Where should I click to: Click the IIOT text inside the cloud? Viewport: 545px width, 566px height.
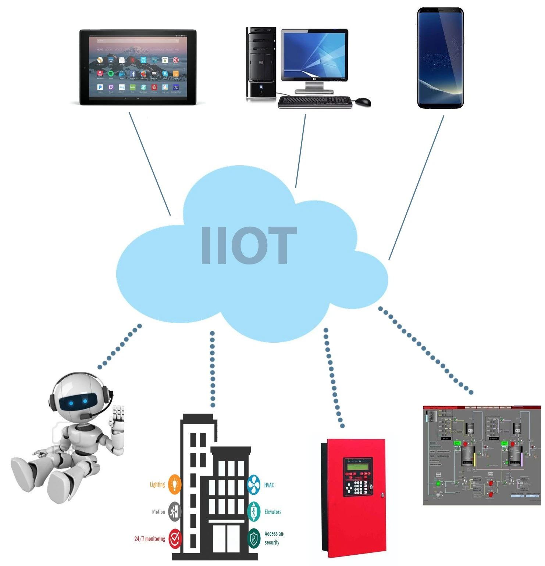(x=249, y=245)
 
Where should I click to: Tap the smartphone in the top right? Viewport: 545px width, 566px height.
(x=440, y=58)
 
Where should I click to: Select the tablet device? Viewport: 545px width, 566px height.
(x=138, y=67)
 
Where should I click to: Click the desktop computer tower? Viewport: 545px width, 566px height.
(x=261, y=63)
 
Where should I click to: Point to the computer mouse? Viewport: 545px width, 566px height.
(x=363, y=101)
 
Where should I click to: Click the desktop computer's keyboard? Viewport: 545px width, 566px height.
(x=315, y=102)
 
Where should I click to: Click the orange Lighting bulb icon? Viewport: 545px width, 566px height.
(x=175, y=484)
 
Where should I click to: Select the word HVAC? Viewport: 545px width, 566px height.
(x=269, y=485)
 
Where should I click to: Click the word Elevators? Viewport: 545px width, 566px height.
(x=273, y=512)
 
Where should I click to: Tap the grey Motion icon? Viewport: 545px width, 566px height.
(x=175, y=511)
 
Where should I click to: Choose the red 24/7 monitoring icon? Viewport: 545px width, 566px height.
(x=175, y=538)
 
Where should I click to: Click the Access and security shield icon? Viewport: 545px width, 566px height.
(x=254, y=538)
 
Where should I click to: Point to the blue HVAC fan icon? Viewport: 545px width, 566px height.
(x=254, y=485)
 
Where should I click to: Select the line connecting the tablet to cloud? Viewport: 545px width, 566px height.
(x=150, y=164)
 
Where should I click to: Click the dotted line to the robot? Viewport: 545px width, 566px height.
(x=120, y=346)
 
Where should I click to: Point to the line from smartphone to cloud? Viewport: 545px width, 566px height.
(x=416, y=188)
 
